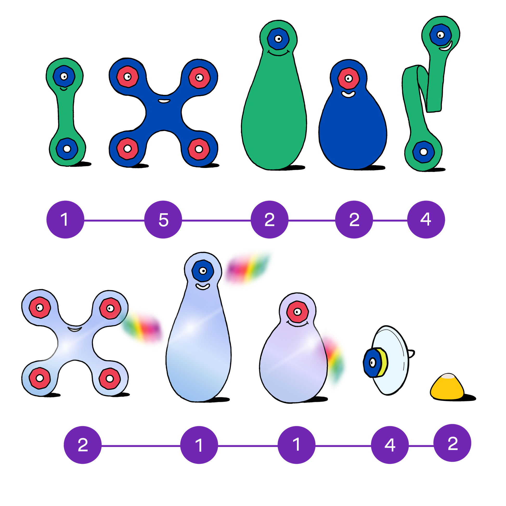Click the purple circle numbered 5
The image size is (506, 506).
pyautogui.click(x=163, y=219)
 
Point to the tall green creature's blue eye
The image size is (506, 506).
pyautogui.click(x=278, y=39)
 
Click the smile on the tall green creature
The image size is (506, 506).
pyautogui.click(x=278, y=53)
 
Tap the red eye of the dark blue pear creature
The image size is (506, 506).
pyautogui.click(x=348, y=78)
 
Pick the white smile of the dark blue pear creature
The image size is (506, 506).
pyautogui.click(x=348, y=94)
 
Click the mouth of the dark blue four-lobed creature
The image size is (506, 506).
pyautogui.click(x=164, y=101)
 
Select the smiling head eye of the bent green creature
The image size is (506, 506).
pyautogui.click(x=441, y=35)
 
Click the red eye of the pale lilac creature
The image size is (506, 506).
pyautogui.click(x=297, y=312)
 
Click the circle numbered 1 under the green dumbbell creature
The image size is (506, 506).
pyautogui.click(x=65, y=219)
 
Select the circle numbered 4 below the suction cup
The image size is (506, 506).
pyautogui.click(x=390, y=445)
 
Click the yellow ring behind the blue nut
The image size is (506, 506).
pyautogui.click(x=383, y=363)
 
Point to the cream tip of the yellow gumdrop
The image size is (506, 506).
pyautogui.click(x=448, y=377)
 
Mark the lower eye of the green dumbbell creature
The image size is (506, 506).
pyautogui.click(x=67, y=149)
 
